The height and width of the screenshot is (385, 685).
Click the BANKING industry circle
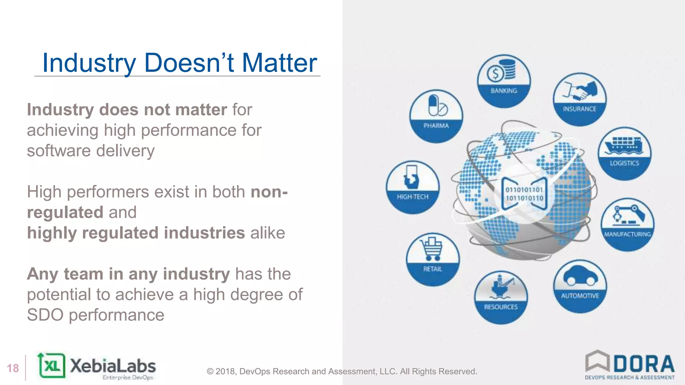504,81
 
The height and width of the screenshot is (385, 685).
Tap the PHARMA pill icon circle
436,116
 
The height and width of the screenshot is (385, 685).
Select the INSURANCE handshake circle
580,99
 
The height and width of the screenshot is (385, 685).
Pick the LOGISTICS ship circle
624,154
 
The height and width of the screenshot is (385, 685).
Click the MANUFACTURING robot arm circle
627,225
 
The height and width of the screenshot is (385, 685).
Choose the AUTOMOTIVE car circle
580,286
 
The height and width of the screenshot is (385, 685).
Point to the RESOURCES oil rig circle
501,297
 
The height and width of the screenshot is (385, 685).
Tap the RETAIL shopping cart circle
433,259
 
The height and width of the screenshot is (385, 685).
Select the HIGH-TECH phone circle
412,187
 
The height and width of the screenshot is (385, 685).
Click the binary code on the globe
524,194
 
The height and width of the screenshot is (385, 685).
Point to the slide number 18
13,368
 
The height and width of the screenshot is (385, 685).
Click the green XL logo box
52,366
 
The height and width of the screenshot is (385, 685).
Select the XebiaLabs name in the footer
113,366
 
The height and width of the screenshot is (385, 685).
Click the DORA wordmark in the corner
644,364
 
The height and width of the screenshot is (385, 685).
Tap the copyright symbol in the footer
210,372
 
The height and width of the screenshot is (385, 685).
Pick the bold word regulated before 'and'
65,213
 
